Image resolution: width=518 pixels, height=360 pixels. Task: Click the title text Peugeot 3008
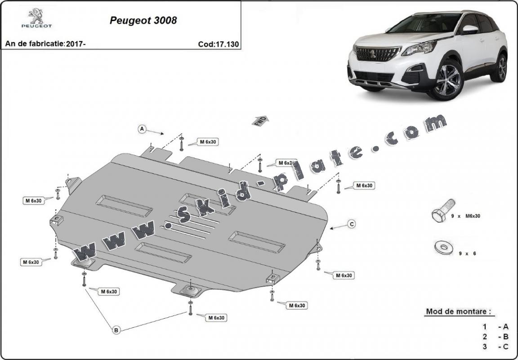[143, 21]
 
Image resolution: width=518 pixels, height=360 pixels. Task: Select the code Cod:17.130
[218, 44]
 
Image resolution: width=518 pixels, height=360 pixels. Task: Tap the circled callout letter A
[142, 129]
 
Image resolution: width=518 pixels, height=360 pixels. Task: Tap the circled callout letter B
[116, 330]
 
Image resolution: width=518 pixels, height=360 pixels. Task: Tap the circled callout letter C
[352, 223]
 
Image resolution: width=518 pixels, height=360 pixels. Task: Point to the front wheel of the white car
[447, 80]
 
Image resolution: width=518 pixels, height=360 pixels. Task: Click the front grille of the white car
[377, 54]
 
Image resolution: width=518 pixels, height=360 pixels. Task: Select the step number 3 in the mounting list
[485, 346]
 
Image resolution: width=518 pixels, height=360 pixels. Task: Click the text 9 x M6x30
[466, 216]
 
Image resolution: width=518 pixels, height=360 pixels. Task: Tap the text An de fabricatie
[35, 44]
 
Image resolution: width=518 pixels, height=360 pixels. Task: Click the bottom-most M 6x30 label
[216, 318]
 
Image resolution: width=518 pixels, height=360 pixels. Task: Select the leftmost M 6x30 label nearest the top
[33, 200]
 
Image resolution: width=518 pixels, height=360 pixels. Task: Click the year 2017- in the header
[75, 44]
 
